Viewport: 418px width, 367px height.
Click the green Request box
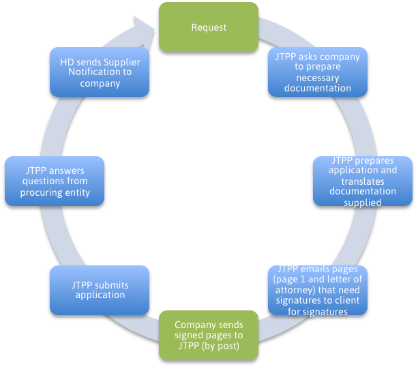[209, 27]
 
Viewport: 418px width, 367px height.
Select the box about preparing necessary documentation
[317, 71]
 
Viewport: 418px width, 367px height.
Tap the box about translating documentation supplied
[362, 181]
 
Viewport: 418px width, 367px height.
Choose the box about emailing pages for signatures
[317, 290]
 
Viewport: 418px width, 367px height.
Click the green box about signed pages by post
[208, 335]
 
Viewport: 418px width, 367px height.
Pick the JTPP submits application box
[100, 290]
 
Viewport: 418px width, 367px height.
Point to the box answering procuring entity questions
[55, 181]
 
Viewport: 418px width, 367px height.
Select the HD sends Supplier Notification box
[100, 71]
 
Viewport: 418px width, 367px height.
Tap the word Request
[209, 27]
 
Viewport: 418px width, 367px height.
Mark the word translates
[362, 181]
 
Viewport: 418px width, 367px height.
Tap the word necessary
[318, 77]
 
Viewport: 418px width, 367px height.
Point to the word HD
[67, 61]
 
